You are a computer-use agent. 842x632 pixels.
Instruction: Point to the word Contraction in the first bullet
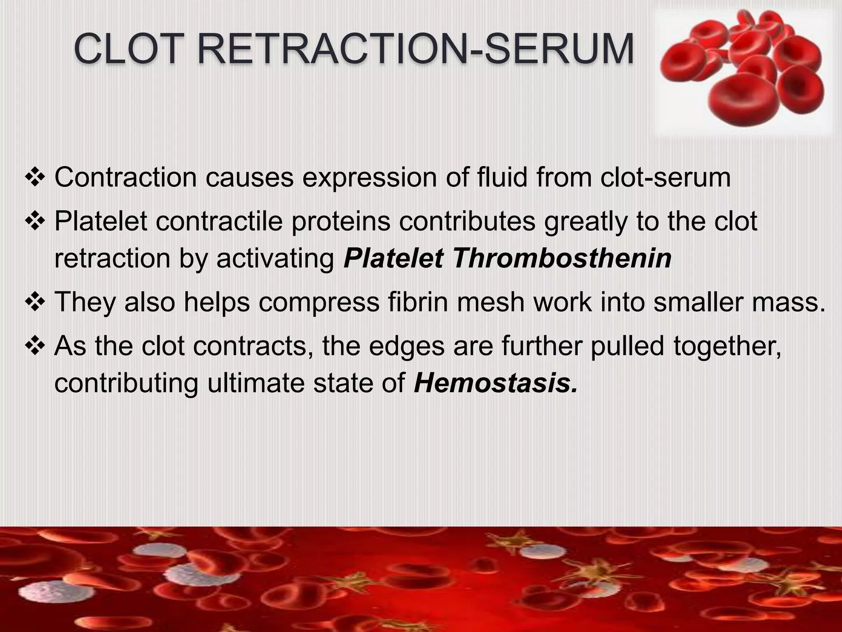click(x=126, y=177)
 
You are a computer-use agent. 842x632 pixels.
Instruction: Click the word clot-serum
click(x=665, y=177)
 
